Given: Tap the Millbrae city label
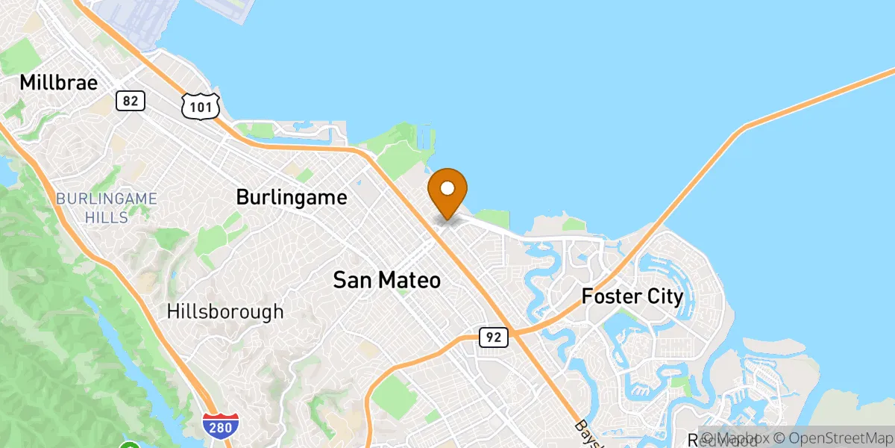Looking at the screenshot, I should pos(59,82).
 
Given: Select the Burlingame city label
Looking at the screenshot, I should pos(292,197).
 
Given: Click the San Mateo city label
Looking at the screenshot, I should pos(386,281).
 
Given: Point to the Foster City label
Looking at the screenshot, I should pos(632,296).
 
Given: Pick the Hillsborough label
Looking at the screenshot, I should pos(225,311).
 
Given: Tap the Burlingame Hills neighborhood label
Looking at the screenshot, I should pos(107,208).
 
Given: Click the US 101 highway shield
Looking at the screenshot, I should pos(201,105).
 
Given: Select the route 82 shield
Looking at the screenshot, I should pos(130,101).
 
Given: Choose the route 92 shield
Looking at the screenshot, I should pos(494,337).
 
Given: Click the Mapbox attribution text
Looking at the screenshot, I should pos(735,438).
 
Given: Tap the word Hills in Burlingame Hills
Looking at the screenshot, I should pos(107,218).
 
